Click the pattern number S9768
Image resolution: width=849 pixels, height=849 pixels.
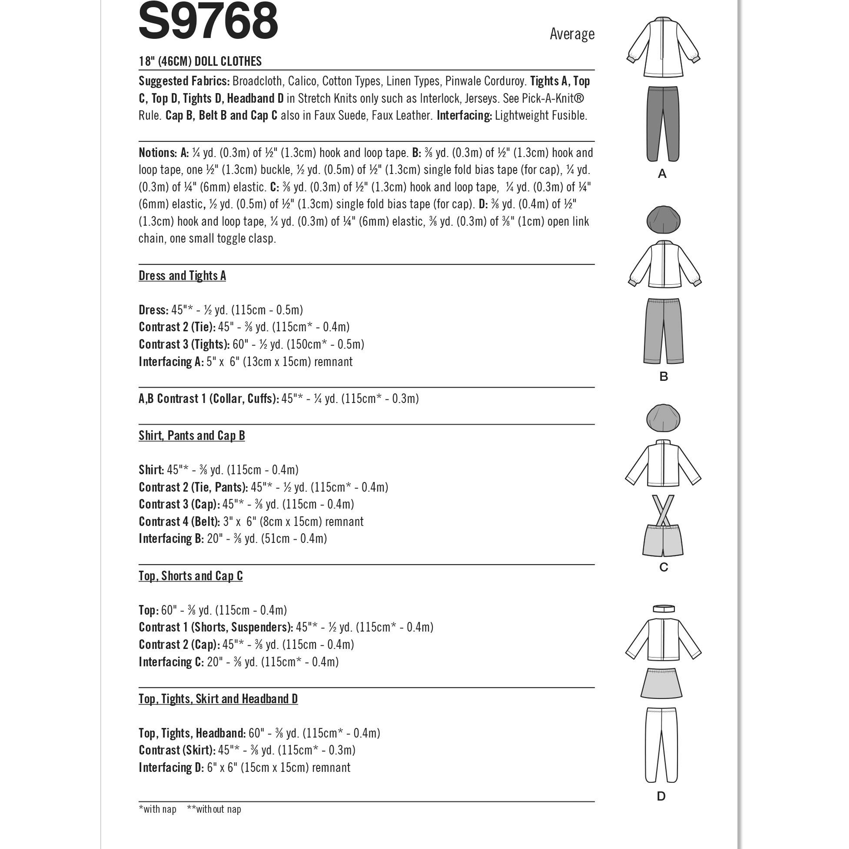pyautogui.click(x=208, y=21)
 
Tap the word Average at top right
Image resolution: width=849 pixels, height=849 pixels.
pyautogui.click(x=572, y=34)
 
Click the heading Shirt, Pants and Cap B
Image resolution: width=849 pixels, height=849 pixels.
pyautogui.click(x=192, y=435)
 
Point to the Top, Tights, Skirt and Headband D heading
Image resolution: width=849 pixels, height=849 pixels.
pyautogui.click(x=218, y=699)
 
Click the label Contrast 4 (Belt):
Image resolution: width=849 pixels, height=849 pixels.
pyautogui.click(x=179, y=522)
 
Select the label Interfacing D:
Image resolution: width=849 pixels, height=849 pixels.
pyautogui.click(x=171, y=768)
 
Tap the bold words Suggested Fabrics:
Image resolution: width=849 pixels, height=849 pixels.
pyautogui.click(x=184, y=81)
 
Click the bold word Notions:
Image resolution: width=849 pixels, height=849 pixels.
pyautogui.click(x=158, y=153)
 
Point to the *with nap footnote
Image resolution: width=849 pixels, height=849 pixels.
pyautogui.click(x=157, y=809)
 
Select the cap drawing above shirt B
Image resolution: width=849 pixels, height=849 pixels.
pyautogui.click(x=663, y=220)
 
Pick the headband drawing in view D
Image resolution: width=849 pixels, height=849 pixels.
pyautogui.click(x=663, y=608)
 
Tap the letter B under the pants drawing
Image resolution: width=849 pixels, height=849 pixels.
pyautogui.click(x=664, y=377)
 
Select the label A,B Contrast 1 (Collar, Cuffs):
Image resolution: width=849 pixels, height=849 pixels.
pyautogui.click(x=209, y=399)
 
